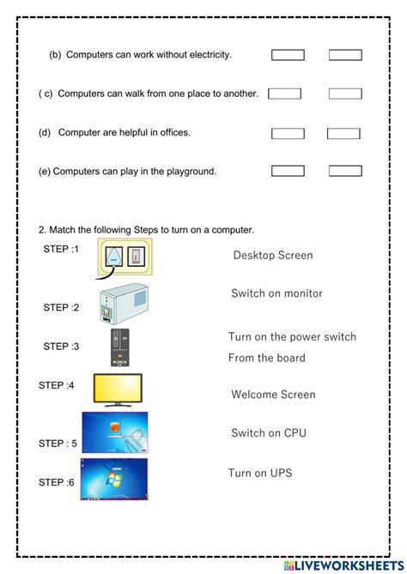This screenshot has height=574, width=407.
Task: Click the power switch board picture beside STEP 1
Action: point(125,257)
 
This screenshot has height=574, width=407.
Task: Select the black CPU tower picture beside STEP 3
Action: point(119,348)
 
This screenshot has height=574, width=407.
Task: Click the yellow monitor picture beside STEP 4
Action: point(118,389)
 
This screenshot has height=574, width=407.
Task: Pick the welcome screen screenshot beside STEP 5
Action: point(114,433)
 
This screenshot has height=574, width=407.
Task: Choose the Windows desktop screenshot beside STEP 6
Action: point(114,480)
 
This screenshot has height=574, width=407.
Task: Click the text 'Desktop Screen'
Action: point(272,255)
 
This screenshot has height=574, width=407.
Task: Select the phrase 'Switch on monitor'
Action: point(276,293)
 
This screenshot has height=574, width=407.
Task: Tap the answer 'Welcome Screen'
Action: point(273,395)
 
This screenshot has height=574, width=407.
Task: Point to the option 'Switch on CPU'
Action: point(269,433)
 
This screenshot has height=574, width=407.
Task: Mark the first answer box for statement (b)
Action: point(288,55)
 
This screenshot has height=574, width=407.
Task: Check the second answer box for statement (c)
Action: point(345,94)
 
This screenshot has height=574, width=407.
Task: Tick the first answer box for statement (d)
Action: point(288,133)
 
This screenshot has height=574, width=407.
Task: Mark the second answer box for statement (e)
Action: point(345,171)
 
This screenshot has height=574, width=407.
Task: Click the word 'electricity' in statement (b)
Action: point(206,55)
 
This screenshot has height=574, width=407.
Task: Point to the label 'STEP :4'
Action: point(57,385)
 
